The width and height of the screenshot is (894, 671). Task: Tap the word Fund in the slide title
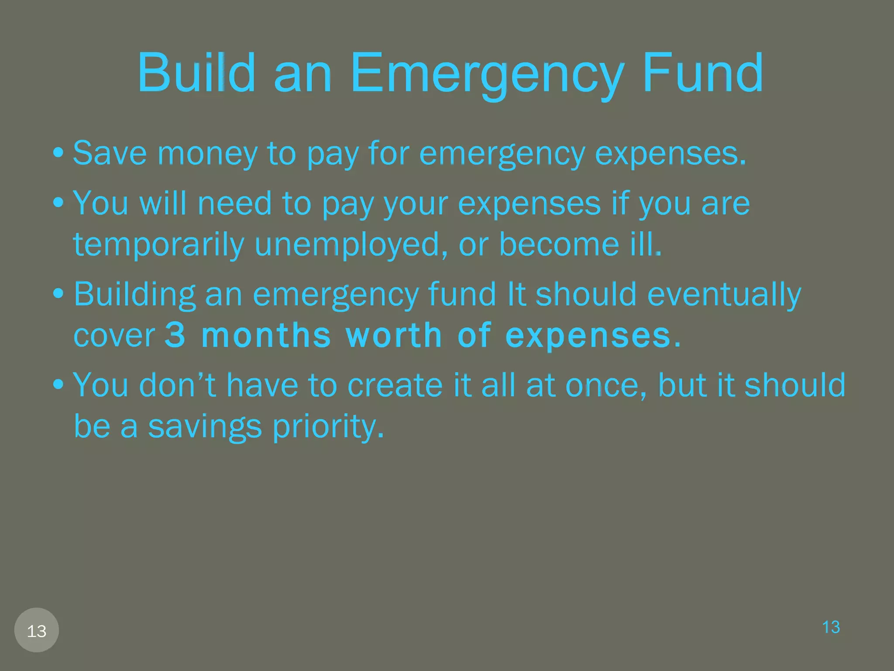click(703, 73)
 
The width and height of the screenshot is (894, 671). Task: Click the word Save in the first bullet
click(110, 153)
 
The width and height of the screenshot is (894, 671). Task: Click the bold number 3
click(175, 335)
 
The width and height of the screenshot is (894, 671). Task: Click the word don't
click(177, 385)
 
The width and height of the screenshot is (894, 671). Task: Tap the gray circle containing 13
click(37, 630)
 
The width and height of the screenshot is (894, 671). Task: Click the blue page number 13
click(831, 627)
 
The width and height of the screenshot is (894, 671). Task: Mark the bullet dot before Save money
click(58, 153)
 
